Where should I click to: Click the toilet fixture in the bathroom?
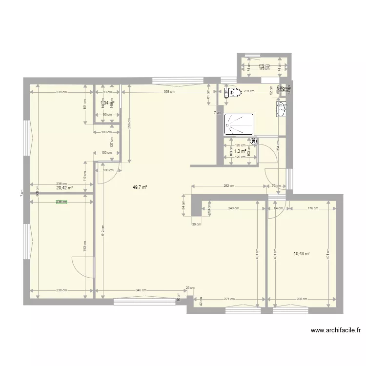[233, 92]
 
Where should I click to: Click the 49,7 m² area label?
[140, 187]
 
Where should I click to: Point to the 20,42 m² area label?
[64, 187]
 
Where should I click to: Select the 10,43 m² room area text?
[302, 253]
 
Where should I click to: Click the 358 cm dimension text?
[169, 91]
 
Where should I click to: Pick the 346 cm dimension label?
[141, 290]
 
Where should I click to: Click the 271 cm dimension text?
[230, 299]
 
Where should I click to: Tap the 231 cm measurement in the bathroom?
[249, 91]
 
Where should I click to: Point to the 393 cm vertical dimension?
[84, 249]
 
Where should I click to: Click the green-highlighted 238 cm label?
[61, 202]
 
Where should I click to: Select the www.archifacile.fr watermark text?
[336, 330]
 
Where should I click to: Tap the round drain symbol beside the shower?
[254, 142]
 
